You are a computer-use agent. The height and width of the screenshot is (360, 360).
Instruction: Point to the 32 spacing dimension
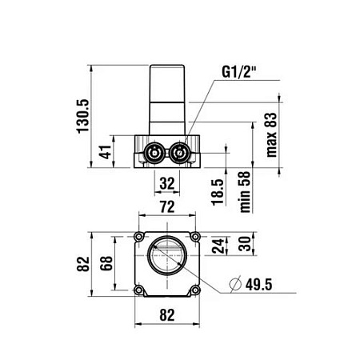166,182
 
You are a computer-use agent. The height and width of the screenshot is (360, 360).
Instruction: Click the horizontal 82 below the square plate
166,314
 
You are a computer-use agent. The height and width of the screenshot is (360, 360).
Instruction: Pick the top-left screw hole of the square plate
141,238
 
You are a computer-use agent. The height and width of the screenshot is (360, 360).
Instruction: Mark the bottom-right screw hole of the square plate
193,290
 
